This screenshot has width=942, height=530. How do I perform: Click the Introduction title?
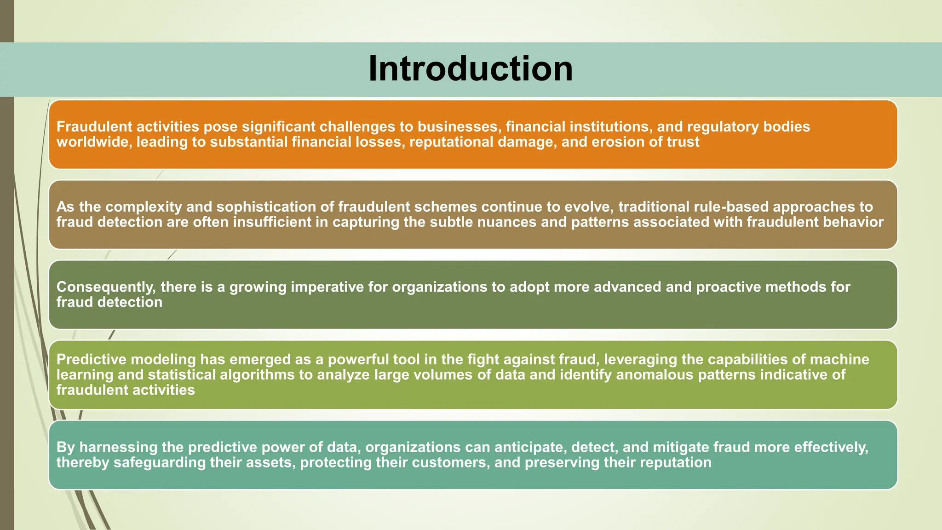(471, 69)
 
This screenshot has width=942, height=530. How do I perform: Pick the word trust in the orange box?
(683, 142)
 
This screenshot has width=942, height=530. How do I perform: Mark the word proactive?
(728, 287)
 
